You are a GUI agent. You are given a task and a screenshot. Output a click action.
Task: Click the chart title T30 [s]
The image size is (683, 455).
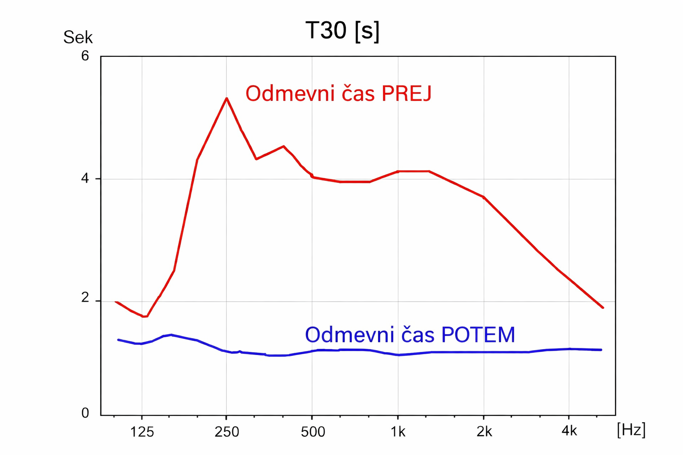(x=342, y=31)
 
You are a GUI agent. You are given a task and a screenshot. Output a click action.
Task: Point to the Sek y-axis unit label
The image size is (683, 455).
(x=78, y=38)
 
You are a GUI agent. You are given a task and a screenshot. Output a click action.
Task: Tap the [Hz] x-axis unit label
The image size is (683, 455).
(x=631, y=430)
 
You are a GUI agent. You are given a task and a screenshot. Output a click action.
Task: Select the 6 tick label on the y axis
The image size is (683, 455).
(x=84, y=56)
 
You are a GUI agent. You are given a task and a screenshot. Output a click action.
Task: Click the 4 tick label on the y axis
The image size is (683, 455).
(x=84, y=178)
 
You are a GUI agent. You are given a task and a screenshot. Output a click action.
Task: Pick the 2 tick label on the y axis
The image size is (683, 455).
(x=84, y=298)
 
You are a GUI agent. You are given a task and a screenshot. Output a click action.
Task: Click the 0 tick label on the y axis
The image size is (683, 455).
(x=85, y=413)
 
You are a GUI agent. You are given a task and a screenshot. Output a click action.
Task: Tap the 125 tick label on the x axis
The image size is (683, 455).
(x=142, y=431)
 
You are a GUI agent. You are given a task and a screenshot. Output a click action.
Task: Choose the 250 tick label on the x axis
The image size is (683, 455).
(x=227, y=431)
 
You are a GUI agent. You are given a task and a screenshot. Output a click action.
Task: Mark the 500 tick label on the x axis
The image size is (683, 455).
(x=313, y=431)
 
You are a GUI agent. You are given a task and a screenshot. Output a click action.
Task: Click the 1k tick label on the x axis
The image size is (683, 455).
(x=398, y=431)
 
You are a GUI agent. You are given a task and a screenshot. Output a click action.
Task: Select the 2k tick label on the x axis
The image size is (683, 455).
(x=484, y=431)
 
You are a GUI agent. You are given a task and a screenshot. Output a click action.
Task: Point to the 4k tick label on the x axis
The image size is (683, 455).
(x=569, y=431)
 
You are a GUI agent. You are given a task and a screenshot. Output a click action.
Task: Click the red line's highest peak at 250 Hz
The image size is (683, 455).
(x=227, y=98)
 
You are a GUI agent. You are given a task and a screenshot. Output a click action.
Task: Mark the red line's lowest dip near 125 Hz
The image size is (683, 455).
(x=144, y=316)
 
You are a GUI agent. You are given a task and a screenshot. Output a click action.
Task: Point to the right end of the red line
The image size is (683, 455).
(x=603, y=307)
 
